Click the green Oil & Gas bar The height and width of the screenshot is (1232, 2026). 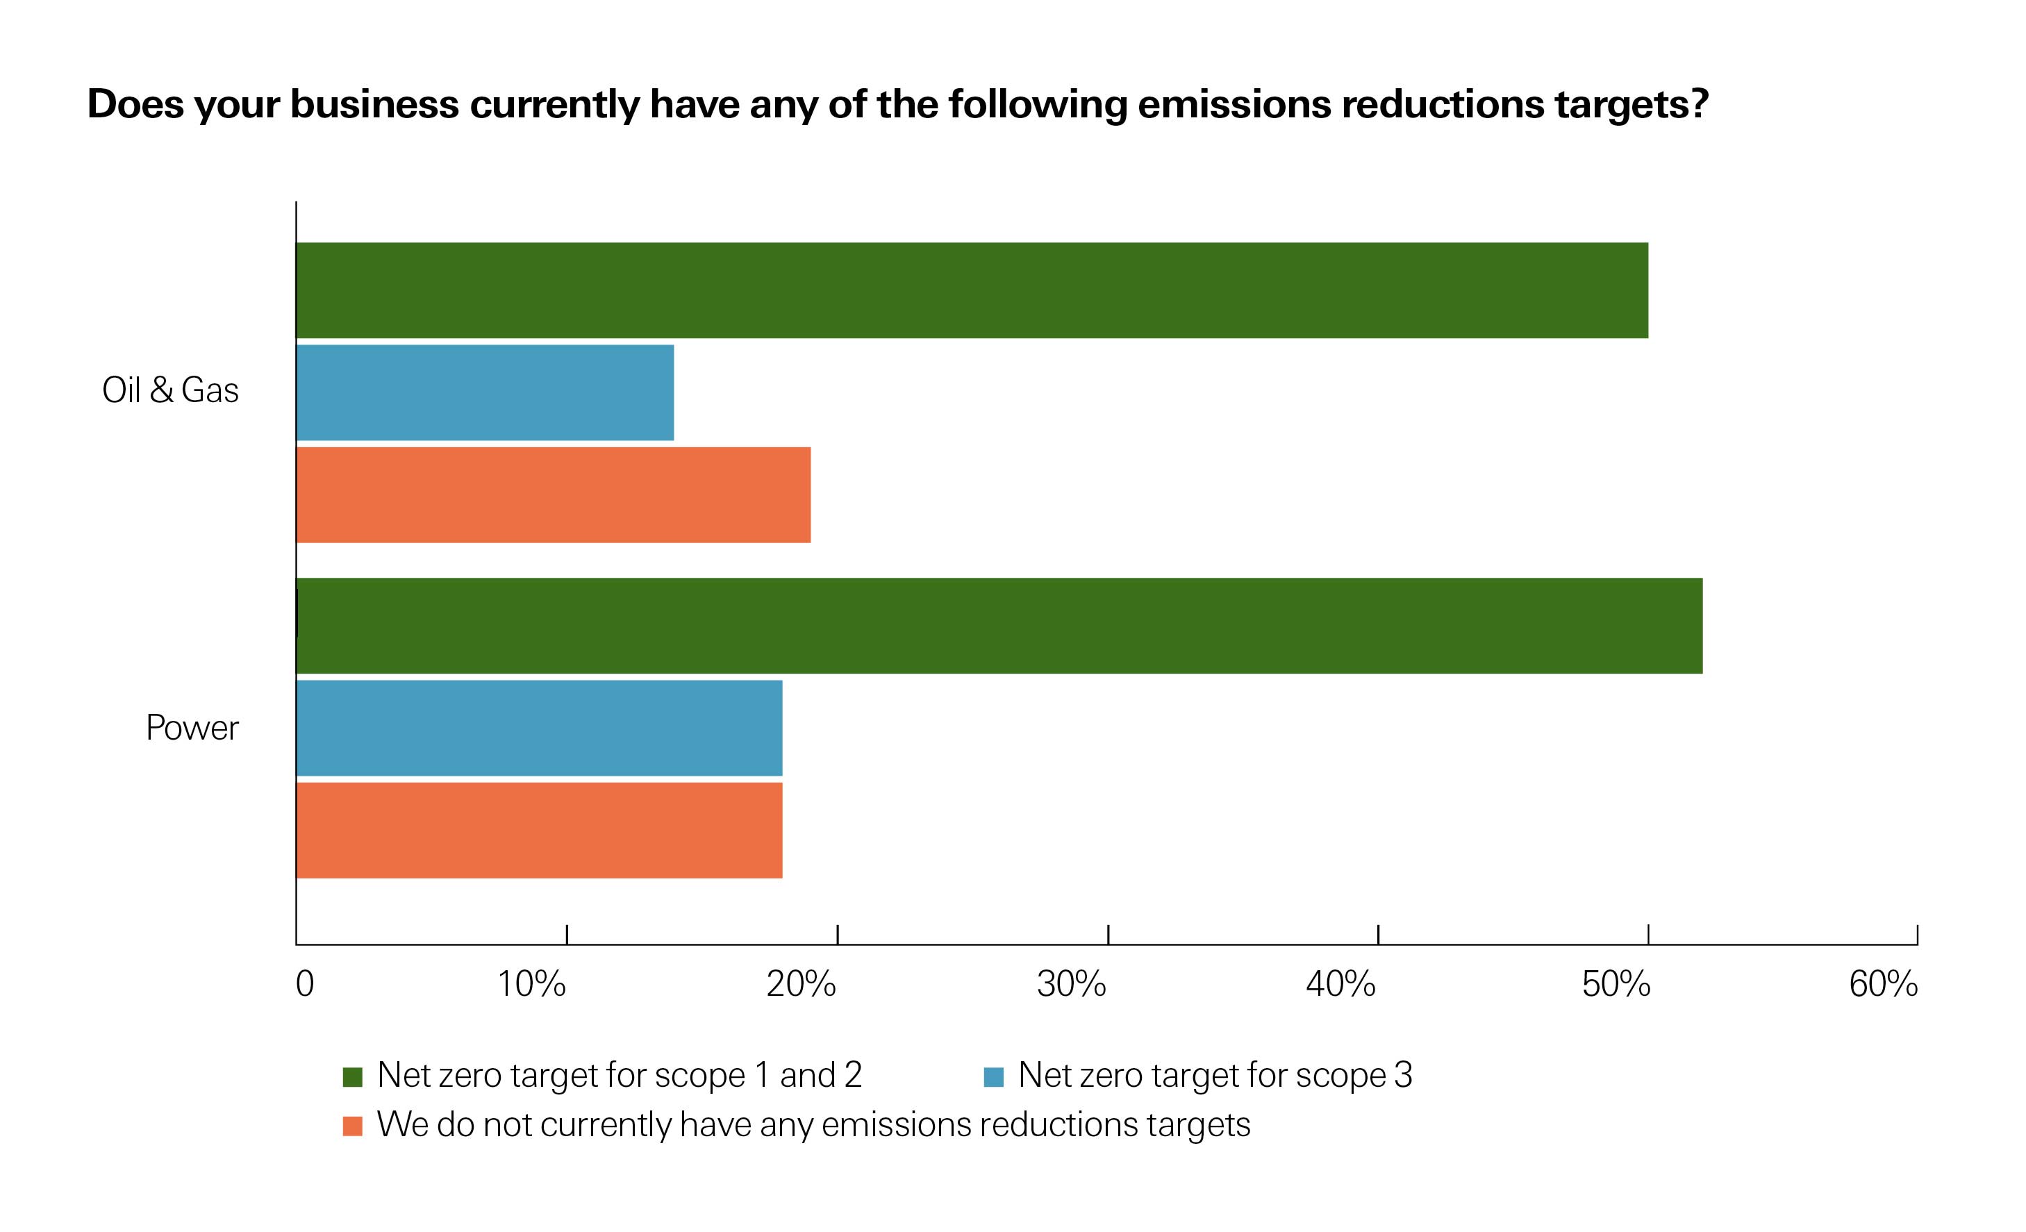(971, 290)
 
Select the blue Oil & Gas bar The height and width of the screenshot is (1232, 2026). (485, 392)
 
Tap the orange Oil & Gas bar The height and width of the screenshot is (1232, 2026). (554, 494)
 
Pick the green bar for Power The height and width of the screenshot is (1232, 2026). (999, 626)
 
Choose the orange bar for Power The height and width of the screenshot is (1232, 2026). (540, 829)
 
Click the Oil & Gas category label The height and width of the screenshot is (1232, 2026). (170, 390)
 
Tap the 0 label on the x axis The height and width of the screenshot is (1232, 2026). (305, 984)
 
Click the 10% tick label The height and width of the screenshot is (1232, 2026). (531, 984)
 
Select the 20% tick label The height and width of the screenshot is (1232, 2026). (801, 984)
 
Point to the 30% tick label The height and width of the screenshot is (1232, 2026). (1072, 984)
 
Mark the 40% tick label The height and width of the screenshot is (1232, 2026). (1341, 984)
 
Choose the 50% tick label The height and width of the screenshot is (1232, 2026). (1616, 984)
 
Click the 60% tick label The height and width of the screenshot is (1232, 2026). (1883, 984)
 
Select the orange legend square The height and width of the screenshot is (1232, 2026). (353, 1126)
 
